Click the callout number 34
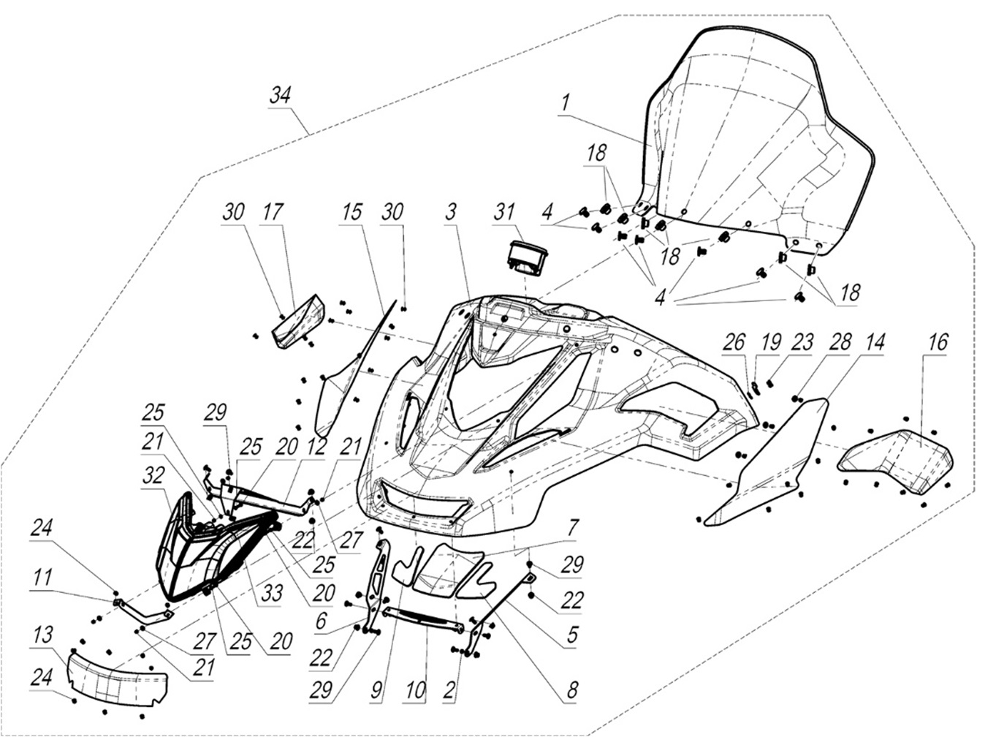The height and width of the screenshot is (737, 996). coord(280,95)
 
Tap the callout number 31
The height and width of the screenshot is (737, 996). coord(503,212)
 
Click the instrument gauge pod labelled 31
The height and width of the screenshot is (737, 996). coord(528,259)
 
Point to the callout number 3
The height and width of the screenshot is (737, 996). coord(450,212)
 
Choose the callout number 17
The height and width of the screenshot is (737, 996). coord(273,212)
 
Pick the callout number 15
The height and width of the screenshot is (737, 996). coord(351,212)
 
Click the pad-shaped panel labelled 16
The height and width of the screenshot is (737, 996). coord(897,462)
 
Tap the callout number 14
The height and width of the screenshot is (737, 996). coord(875,341)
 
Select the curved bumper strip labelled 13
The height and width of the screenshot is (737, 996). coord(117,677)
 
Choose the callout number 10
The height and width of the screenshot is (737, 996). coord(415,689)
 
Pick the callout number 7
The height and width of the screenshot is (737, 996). coord(573,526)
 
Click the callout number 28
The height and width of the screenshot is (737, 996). coord(840,341)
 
